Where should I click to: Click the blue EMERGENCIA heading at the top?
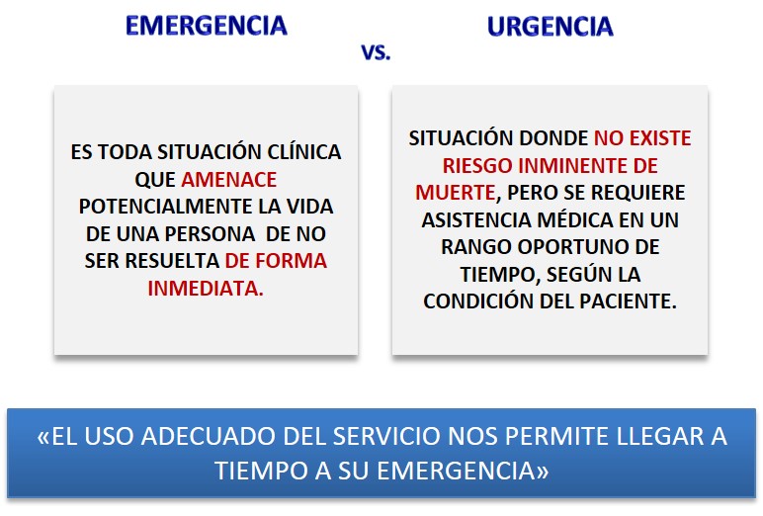point(207,26)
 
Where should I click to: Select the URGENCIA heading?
point(550,27)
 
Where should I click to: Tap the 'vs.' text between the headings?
point(376,51)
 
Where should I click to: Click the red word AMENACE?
point(228,180)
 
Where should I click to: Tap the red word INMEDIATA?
point(206,289)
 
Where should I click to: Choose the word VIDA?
point(309,207)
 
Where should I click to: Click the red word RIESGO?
point(477,166)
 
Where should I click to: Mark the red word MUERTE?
point(456,193)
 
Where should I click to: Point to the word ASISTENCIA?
point(476,220)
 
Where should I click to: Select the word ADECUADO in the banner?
point(208,436)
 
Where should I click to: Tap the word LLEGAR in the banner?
point(659,436)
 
